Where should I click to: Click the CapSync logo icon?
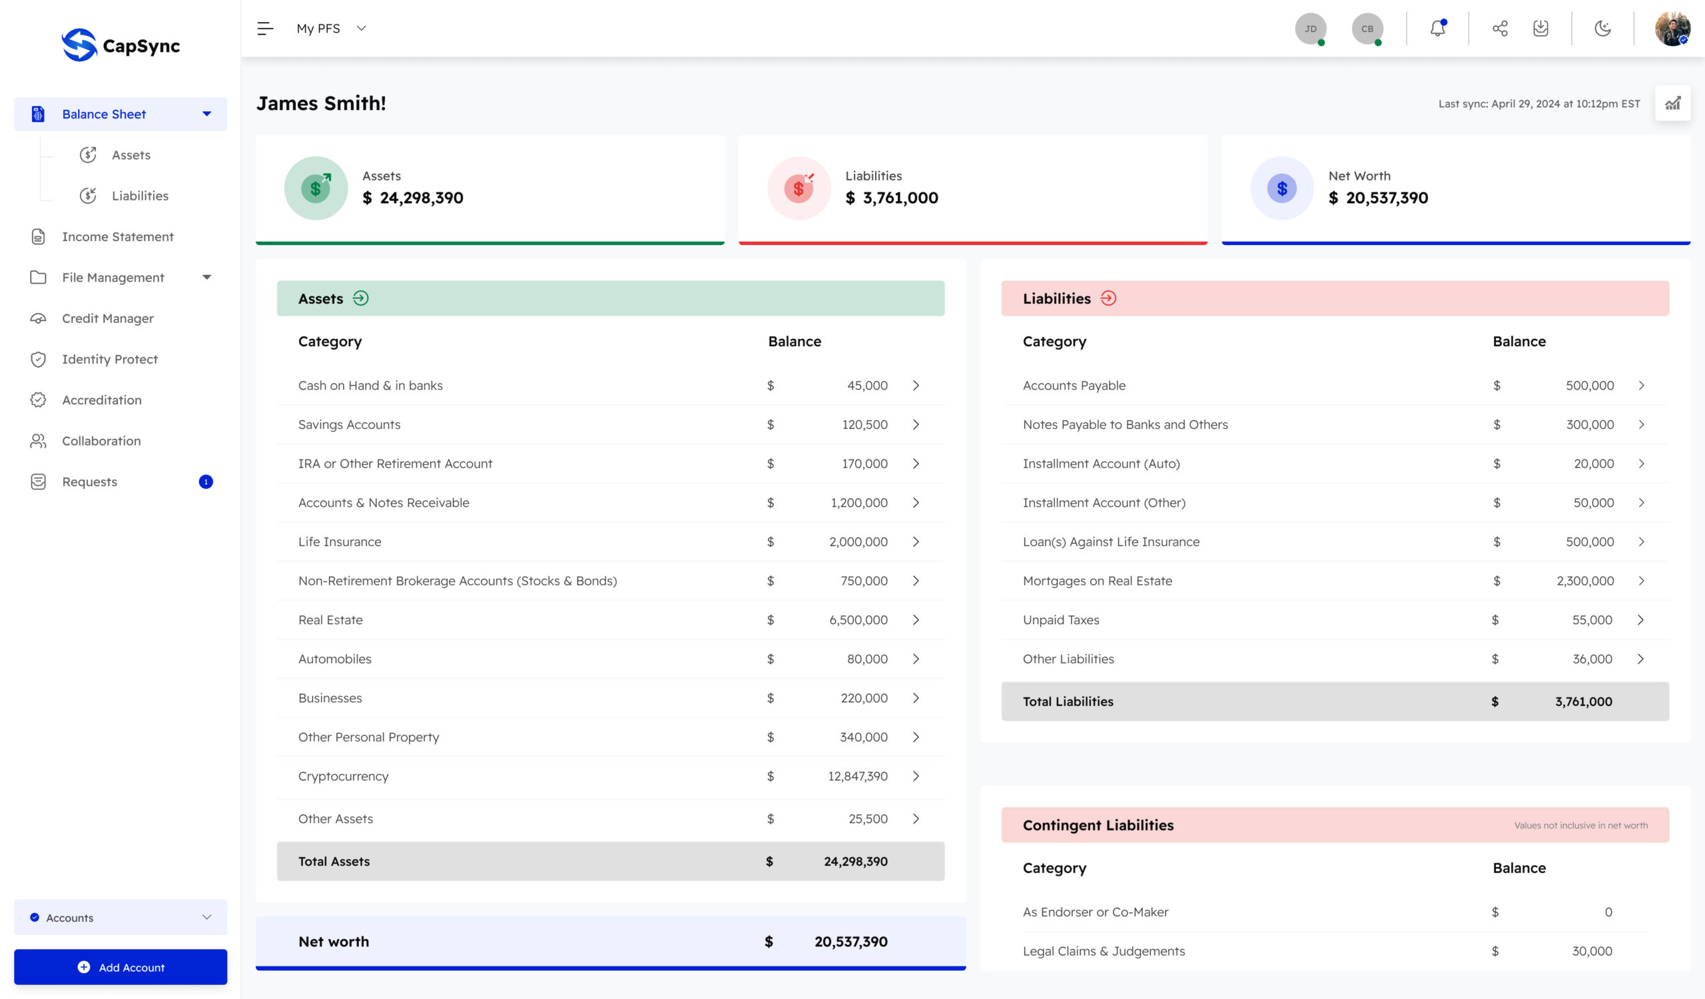pyautogui.click(x=79, y=45)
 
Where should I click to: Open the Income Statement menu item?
pyautogui.click(x=118, y=236)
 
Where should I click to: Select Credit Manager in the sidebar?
pyautogui.click(x=108, y=318)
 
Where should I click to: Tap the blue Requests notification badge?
pyautogui.click(x=206, y=482)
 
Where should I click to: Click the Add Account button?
pyautogui.click(x=121, y=967)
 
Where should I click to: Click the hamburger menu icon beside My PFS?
pyautogui.click(x=265, y=29)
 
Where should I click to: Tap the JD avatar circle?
pyautogui.click(x=1311, y=29)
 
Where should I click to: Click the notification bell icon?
pyautogui.click(x=1438, y=29)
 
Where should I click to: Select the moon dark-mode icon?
pyautogui.click(x=1602, y=29)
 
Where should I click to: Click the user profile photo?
pyautogui.click(x=1672, y=29)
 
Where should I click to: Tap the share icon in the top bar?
pyautogui.click(x=1500, y=29)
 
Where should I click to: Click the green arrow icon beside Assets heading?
pyautogui.click(x=360, y=298)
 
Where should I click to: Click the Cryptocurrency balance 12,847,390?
pyautogui.click(x=858, y=777)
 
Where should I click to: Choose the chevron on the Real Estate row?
pyautogui.click(x=916, y=620)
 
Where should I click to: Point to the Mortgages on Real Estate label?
pyautogui.click(x=1098, y=581)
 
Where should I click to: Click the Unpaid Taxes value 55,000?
pyautogui.click(x=1592, y=620)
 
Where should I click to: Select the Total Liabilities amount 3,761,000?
pyautogui.click(x=1583, y=701)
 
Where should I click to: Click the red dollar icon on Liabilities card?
pyautogui.click(x=799, y=188)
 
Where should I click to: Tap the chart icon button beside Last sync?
pyautogui.click(x=1672, y=103)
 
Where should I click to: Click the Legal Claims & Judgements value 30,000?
pyautogui.click(x=1592, y=951)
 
